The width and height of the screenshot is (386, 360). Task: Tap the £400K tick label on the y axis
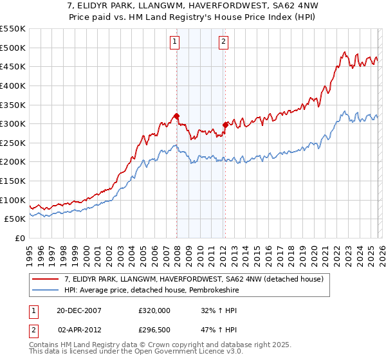(12, 85)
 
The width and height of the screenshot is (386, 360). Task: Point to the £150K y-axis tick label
(12, 181)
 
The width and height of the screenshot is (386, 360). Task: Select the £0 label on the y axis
(20, 239)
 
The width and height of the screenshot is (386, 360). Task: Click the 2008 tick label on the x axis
(177, 255)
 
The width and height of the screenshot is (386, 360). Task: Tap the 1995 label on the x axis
(30, 255)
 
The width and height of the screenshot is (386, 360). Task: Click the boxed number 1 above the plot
(174, 43)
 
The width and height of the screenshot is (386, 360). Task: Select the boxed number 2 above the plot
(223, 43)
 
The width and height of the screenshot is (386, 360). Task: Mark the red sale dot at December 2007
(176, 116)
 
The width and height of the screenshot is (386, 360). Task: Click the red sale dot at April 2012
(225, 125)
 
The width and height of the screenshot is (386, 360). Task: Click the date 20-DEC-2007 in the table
(79, 310)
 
